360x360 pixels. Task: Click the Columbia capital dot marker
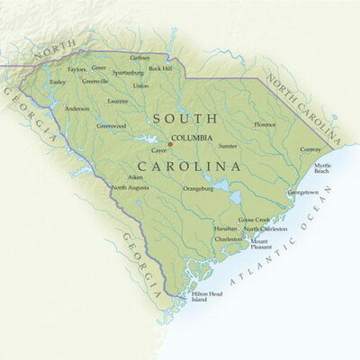pos(170,144)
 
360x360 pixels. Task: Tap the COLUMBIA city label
pos(192,138)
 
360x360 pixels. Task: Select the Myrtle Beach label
pos(322,169)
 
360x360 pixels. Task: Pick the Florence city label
pos(265,124)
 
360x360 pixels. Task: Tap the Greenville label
pos(94,80)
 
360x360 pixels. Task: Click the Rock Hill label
pos(160,68)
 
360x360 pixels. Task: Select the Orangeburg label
pos(198,189)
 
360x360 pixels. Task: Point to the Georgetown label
pos(302,192)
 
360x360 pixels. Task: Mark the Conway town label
pos(310,149)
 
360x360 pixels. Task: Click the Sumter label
pos(228,145)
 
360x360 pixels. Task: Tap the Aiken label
pos(135,178)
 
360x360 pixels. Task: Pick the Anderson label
pos(76,109)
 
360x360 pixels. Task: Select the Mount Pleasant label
pos(260,245)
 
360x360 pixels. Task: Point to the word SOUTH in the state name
pos(184,118)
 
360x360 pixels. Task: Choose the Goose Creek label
pos(254,220)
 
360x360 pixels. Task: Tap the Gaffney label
pos(139,58)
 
